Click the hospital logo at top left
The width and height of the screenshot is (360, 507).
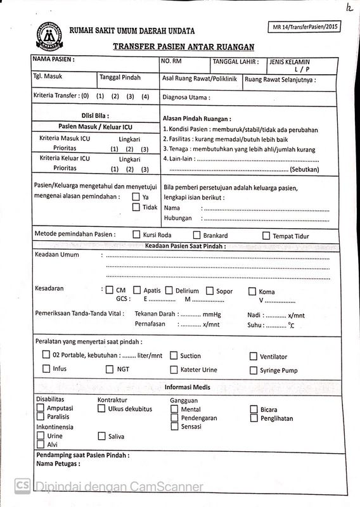(x=48, y=37)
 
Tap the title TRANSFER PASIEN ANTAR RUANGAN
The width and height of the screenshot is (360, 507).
(x=183, y=47)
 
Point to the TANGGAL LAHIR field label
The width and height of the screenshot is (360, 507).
(x=235, y=61)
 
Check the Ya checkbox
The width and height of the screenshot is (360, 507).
(x=136, y=197)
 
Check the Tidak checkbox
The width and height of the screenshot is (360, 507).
(x=136, y=207)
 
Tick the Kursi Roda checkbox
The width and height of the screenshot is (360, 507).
(x=136, y=234)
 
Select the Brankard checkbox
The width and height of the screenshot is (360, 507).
(x=197, y=235)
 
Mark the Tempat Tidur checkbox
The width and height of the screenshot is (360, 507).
(x=266, y=236)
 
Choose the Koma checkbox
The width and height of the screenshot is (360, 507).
(x=252, y=292)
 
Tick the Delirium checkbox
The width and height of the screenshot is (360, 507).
(x=169, y=290)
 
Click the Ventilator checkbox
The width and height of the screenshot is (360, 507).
(x=254, y=356)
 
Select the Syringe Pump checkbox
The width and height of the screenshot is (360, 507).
(x=254, y=370)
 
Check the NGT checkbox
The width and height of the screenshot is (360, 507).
(x=109, y=369)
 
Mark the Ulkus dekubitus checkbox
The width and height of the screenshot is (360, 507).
(x=101, y=409)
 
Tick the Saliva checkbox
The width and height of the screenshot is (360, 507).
(x=101, y=436)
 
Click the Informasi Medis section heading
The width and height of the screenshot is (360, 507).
(x=183, y=387)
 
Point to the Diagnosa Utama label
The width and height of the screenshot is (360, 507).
(x=186, y=98)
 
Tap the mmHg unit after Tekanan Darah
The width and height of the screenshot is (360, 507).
(x=212, y=314)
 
